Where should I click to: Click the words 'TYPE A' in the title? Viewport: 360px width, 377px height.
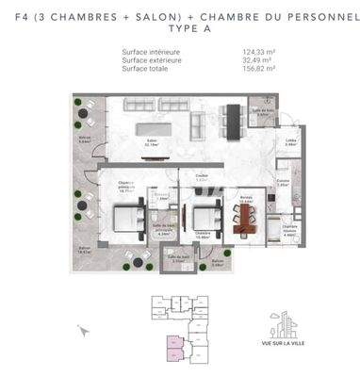point(181,29)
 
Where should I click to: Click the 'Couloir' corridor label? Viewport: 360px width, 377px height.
point(201,176)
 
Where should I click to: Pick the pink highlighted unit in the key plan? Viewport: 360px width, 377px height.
point(174,350)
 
